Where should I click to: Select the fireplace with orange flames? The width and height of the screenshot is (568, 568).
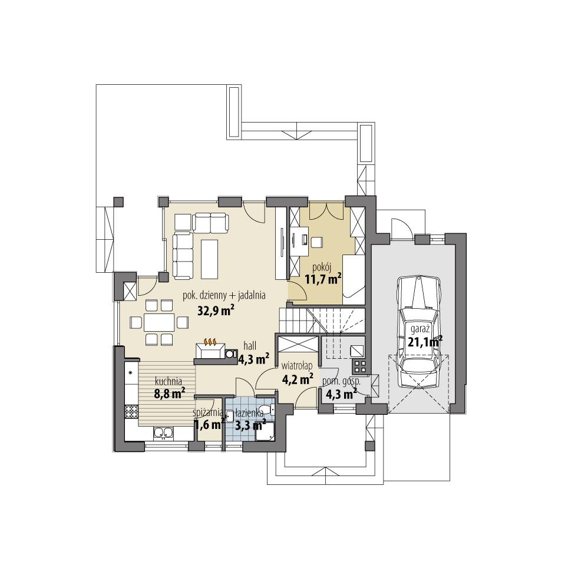point(210,348)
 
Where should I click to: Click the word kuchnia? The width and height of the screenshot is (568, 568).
point(169,381)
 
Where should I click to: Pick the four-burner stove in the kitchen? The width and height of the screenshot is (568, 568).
point(130,411)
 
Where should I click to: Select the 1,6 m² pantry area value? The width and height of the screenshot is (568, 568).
point(208,425)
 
